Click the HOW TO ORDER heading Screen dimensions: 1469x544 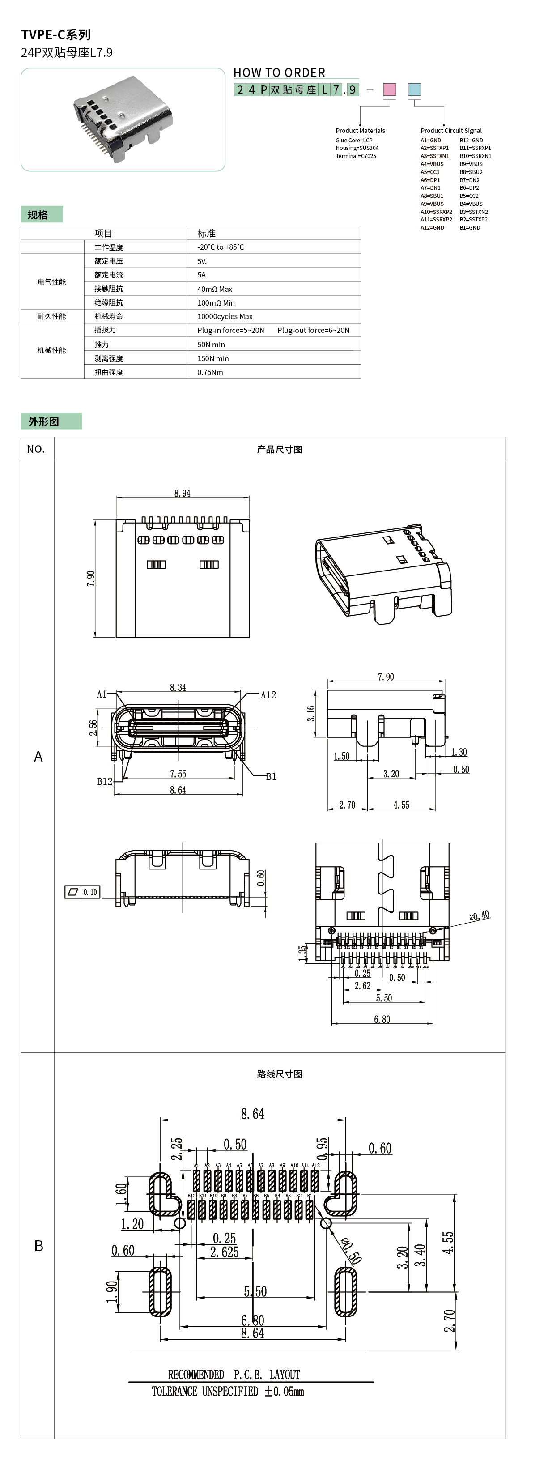pyautogui.click(x=280, y=72)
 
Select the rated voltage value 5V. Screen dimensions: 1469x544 pyautogui.click(x=202, y=261)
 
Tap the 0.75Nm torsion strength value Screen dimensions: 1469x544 pyautogui.click(x=210, y=372)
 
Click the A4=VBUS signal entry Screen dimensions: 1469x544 pyautogui.click(x=432, y=164)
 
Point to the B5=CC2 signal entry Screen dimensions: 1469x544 pyautogui.click(x=469, y=196)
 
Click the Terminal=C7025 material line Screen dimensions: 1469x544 pyautogui.click(x=356, y=156)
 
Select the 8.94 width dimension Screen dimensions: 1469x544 pyautogui.click(x=183, y=493)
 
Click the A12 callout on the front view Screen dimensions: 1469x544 pyautogui.click(x=268, y=695)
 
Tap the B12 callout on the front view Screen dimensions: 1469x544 pyautogui.click(x=104, y=781)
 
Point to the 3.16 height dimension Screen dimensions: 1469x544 pyautogui.click(x=311, y=713)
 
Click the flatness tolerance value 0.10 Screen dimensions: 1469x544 pyautogui.click(x=90, y=892)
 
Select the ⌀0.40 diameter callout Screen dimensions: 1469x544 pyautogui.click(x=479, y=916)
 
